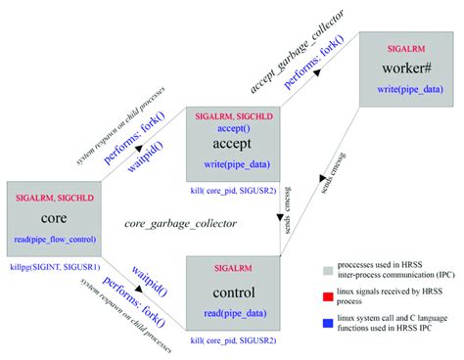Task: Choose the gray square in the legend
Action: [329, 266]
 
